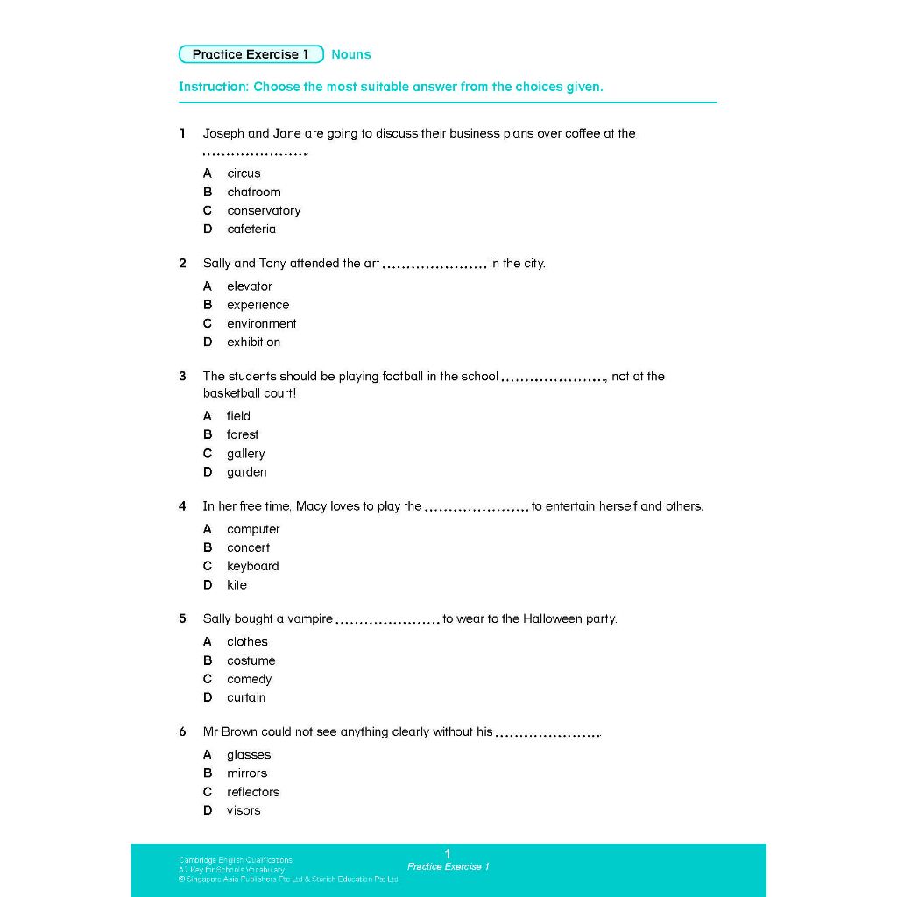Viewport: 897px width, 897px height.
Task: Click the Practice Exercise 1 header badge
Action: tap(251, 54)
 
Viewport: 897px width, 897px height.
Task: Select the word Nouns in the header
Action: tap(351, 54)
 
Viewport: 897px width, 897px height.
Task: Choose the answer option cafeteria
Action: tap(251, 229)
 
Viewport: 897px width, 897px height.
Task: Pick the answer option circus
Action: tap(244, 173)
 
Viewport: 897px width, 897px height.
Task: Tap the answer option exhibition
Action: tap(253, 342)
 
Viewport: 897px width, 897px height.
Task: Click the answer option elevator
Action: tap(250, 286)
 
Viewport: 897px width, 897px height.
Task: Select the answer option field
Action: tap(238, 416)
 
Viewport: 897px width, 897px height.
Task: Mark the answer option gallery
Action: tap(245, 454)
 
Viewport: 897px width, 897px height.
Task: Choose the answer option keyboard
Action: tap(252, 566)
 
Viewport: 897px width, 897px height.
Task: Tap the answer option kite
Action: tap(237, 585)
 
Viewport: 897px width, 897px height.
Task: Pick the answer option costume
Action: tap(251, 660)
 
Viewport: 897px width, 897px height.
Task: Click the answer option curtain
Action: tap(246, 697)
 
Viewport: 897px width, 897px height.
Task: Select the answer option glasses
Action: tap(249, 754)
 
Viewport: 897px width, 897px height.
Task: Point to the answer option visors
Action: tap(244, 810)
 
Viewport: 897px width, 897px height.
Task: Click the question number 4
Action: tap(182, 506)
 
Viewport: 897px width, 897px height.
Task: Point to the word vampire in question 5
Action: tap(310, 618)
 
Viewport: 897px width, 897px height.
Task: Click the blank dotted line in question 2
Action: tap(434, 265)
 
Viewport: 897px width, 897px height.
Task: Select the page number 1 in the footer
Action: tap(448, 853)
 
